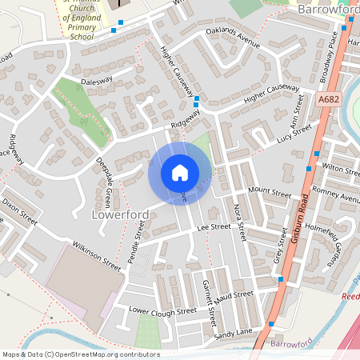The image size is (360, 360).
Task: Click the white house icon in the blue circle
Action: coord(179,173)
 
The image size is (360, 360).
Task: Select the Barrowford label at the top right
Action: coord(327,10)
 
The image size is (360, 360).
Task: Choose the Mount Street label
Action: coord(269,192)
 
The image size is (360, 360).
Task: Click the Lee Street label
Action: coord(214,228)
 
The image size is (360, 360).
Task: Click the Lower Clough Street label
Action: coord(151,310)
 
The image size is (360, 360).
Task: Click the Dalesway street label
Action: coord(96,82)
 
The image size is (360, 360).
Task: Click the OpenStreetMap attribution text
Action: coord(81,354)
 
